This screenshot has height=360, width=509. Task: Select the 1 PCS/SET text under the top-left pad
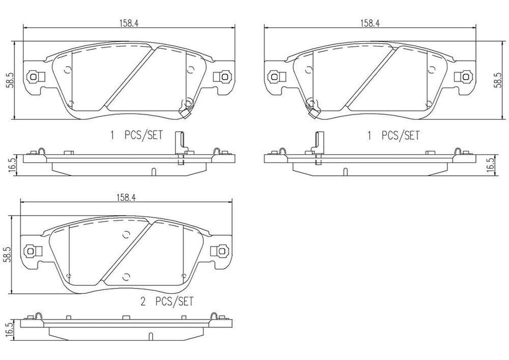(137, 135)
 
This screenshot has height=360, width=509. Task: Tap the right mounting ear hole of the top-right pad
(467, 77)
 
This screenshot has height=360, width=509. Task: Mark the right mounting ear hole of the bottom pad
(219, 251)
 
